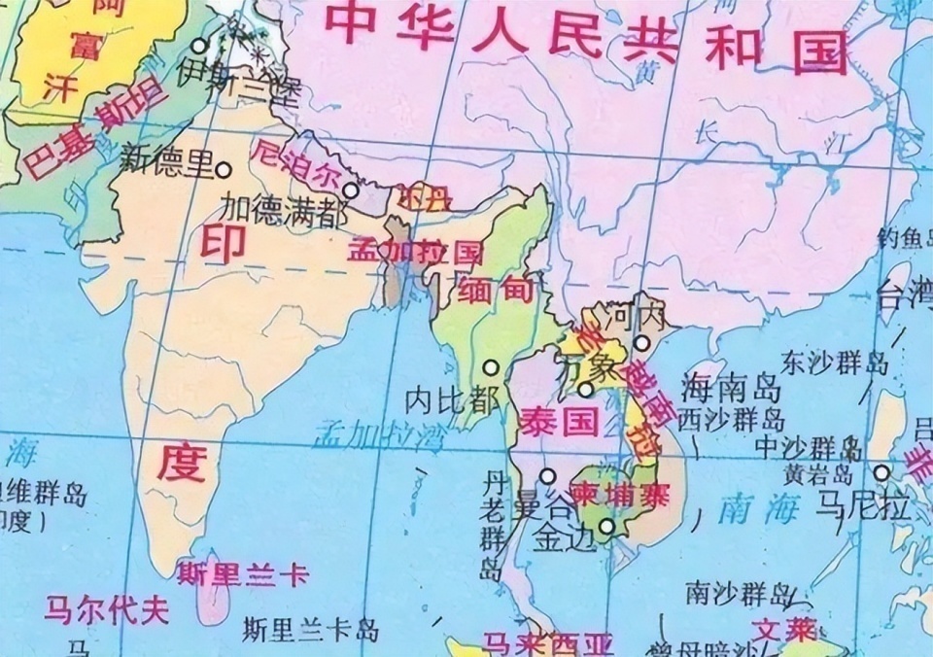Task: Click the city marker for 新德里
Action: (224, 169)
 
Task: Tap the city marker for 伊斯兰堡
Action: (199, 46)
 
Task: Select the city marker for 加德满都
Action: (351, 191)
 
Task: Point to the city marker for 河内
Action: (641, 342)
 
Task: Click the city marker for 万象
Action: (585, 390)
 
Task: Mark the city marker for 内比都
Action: (492, 368)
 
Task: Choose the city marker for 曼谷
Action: (548, 476)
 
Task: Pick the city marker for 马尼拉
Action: (881, 473)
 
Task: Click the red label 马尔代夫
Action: (106, 609)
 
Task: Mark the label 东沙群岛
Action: (839, 364)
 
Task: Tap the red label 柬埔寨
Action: (619, 495)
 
